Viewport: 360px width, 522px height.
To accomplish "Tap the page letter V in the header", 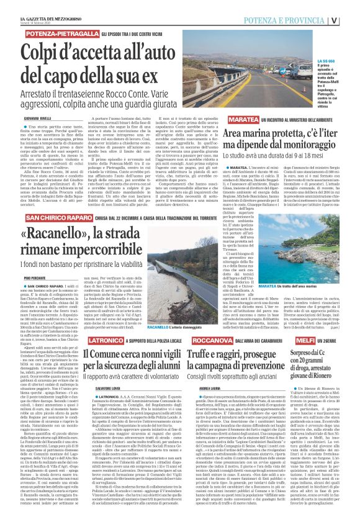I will point(351,20).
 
